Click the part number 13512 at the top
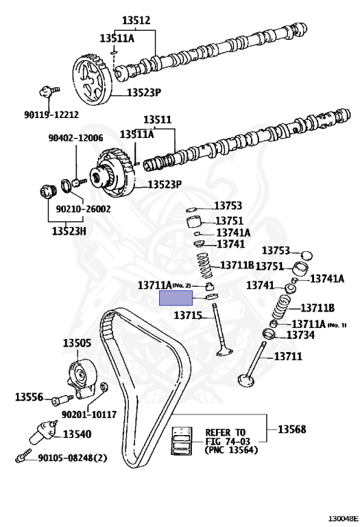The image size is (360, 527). click(136, 20)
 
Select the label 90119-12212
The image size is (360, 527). click(51, 115)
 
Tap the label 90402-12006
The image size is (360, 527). click(76, 138)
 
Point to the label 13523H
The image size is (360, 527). click(69, 231)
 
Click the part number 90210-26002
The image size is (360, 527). click(83, 209)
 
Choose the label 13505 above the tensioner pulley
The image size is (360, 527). click(77, 343)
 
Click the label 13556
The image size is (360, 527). click(29, 397)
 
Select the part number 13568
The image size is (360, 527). click(292, 429)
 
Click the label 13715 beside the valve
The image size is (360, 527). click(188, 315)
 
